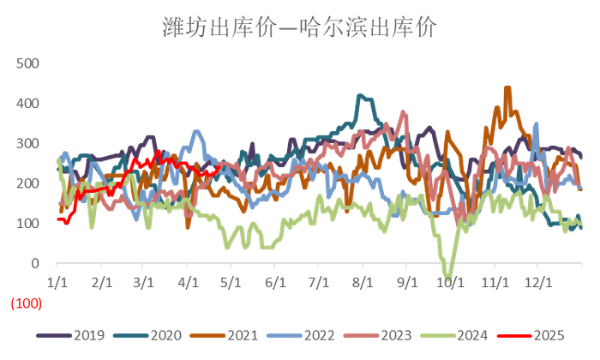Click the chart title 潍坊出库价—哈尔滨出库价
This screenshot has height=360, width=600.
point(299,28)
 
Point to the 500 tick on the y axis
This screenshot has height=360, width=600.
point(28,63)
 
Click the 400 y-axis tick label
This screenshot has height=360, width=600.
point(28,104)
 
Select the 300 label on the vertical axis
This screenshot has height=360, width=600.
point(28,143)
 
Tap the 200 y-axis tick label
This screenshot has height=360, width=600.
point(28,183)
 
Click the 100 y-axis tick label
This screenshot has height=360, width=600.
point(28,224)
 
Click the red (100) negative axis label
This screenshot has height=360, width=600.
point(25,304)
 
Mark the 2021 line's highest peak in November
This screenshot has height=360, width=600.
point(507,87)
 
